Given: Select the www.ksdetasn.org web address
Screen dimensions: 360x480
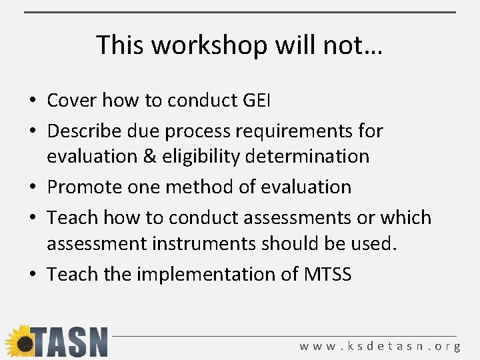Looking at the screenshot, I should [380, 346].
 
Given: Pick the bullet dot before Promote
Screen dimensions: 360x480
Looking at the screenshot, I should [33, 187].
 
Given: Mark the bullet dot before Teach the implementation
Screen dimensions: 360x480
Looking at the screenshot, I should [33, 274].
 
